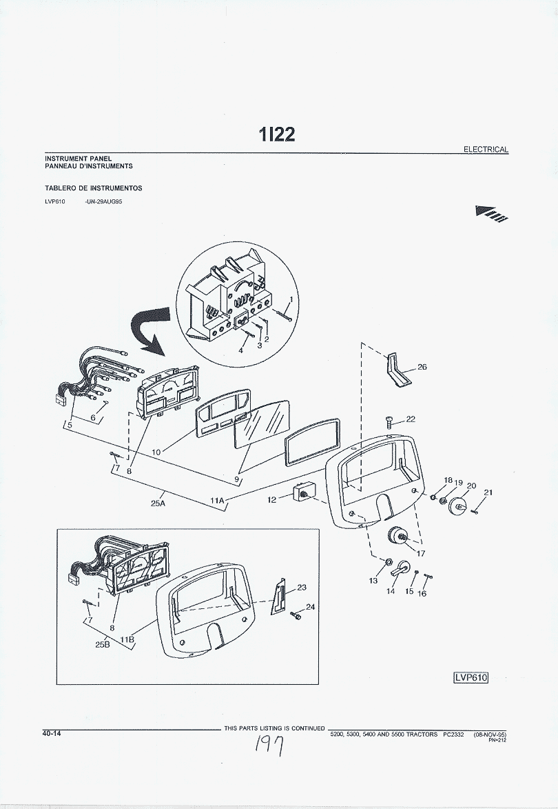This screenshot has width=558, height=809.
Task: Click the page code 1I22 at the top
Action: pos(277,134)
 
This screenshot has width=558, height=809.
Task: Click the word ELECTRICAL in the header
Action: pos(486,149)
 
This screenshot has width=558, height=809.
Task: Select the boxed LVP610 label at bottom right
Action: pos(471,677)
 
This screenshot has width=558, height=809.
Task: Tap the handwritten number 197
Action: pos(270,746)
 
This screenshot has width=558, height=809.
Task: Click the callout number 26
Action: pos(422,367)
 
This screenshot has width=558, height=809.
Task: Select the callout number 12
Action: pos(272,499)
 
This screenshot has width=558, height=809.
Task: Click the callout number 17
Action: pos(421,552)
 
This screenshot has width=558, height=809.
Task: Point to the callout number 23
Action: pos(301,588)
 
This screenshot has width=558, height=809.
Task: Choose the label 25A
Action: pos(157,503)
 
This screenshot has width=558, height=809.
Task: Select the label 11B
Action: pos(127,639)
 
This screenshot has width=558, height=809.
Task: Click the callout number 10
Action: pos(156,452)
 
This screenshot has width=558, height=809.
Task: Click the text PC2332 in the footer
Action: pos(453,735)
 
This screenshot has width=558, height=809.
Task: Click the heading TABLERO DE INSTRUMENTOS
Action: pos(94,188)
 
